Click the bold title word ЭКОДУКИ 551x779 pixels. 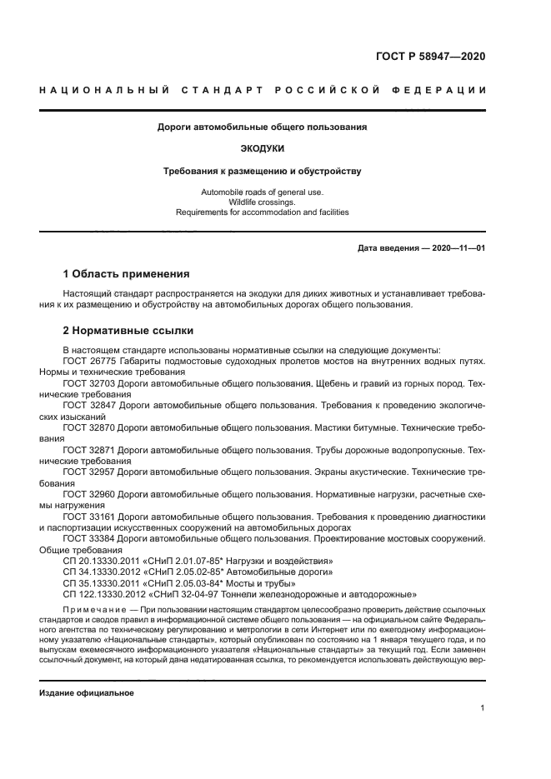coord(263,148)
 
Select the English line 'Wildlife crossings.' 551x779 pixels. coord(263,202)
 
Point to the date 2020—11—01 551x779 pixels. coord(455,248)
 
